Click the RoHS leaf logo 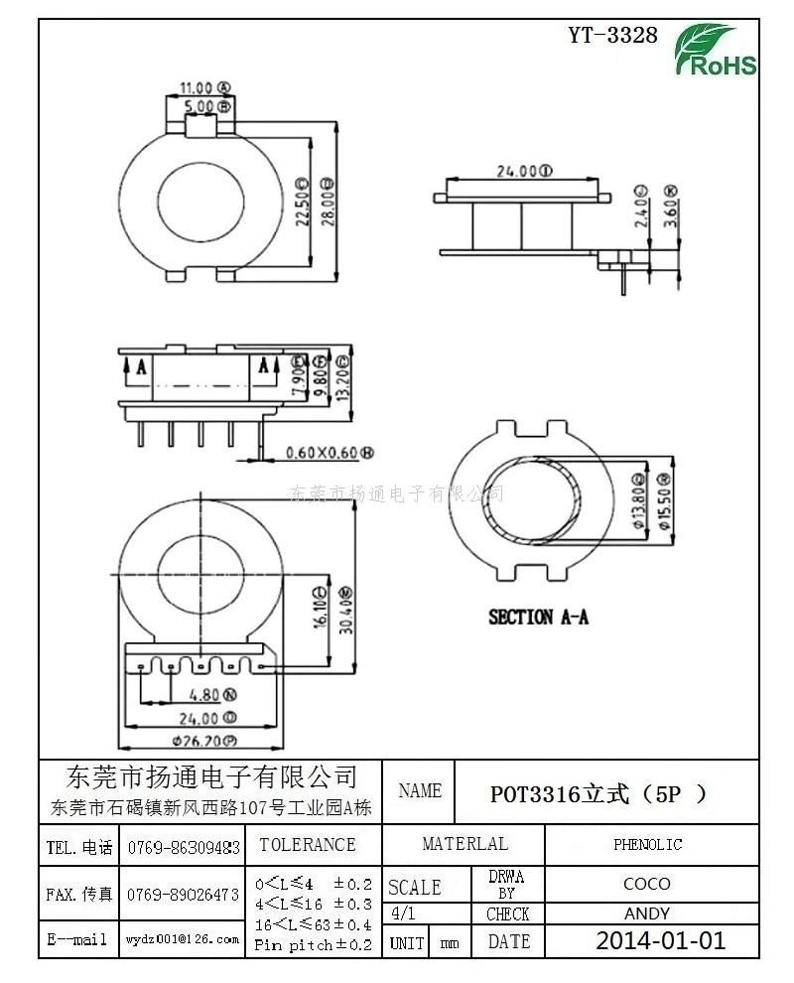point(716,51)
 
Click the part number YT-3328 point(612,35)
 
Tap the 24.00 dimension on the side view point(523,171)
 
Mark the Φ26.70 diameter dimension point(203,741)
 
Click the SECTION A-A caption point(538,617)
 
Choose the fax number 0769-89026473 point(184,895)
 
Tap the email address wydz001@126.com point(184,938)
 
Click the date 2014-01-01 point(660,940)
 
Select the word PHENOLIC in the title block point(647,845)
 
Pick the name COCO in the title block point(647,883)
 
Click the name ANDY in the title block point(647,913)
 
